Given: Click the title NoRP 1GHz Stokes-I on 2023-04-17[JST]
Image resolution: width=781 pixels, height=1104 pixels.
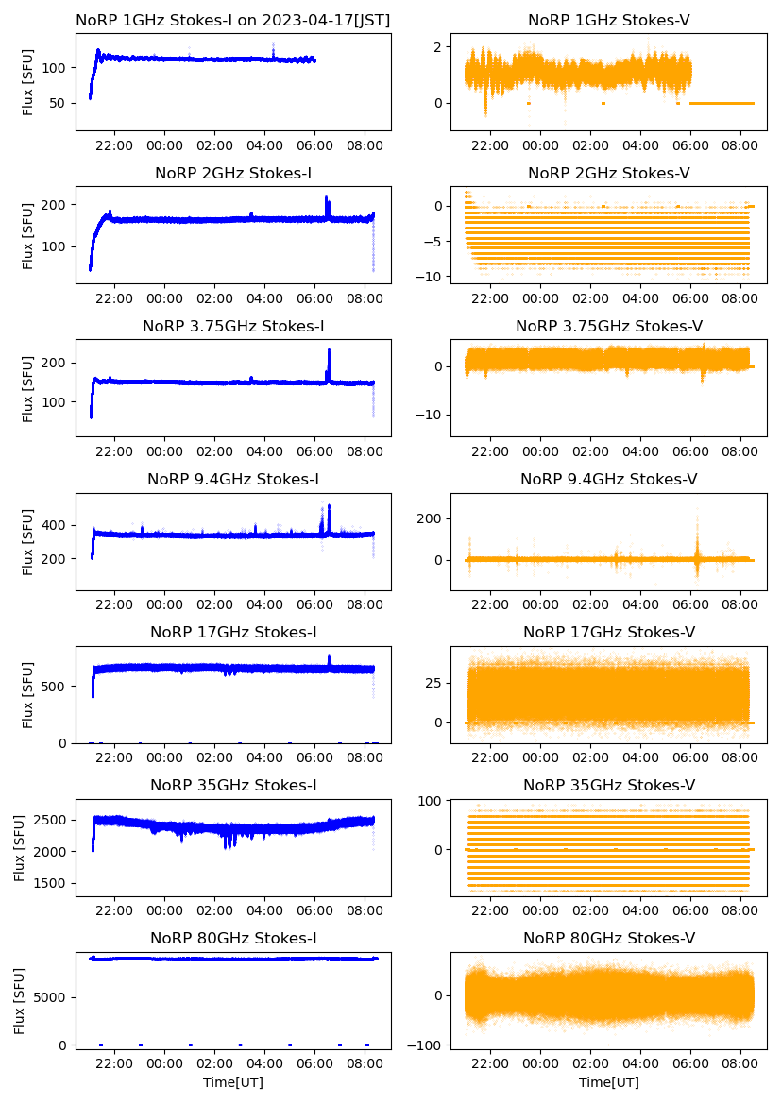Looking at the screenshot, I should tap(233, 20).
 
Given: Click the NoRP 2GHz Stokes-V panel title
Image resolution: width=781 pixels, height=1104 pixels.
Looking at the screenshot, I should tap(608, 173).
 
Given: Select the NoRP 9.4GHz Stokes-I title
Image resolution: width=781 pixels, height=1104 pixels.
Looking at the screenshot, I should tap(233, 479).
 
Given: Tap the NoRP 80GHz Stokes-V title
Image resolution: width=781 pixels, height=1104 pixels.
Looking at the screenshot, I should tap(608, 938).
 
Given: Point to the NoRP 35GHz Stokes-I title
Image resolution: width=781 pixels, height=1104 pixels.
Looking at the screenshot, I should tap(233, 785).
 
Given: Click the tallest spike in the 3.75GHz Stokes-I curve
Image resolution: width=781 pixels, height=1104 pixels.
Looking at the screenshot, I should tap(329, 350).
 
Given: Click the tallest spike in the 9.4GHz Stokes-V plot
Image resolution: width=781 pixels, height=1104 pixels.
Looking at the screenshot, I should tap(698, 510).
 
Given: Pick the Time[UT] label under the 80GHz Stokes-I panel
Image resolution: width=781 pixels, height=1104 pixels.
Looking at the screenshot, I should tap(233, 1082).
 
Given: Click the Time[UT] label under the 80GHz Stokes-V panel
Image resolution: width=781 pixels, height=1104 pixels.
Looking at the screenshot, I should tap(608, 1082).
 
